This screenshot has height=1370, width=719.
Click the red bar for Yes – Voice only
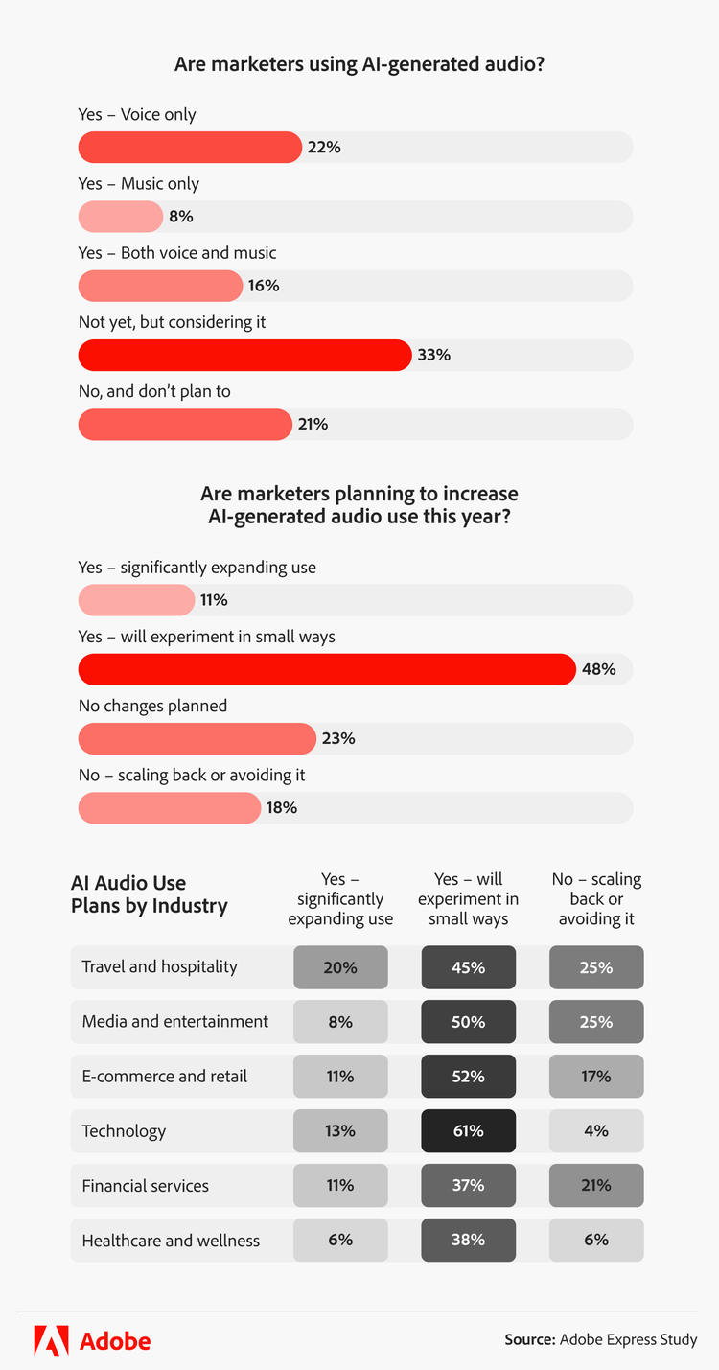(190, 148)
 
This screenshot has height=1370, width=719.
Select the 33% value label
(433, 355)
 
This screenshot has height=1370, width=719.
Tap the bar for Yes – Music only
(121, 217)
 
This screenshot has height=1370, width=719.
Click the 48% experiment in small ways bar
(327, 669)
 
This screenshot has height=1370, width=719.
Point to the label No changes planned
(152, 706)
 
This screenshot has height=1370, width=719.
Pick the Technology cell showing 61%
(469, 1131)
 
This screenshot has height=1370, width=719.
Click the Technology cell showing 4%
(596, 1131)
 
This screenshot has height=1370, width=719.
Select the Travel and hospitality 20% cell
(340, 967)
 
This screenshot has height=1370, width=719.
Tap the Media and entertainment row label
(175, 1022)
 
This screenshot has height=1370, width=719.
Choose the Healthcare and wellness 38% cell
(469, 1241)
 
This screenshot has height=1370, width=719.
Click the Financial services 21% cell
(596, 1186)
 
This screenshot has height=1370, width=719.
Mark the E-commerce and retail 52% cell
(469, 1077)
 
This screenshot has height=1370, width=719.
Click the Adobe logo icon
(51, 1339)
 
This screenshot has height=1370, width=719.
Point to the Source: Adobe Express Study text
(601, 1339)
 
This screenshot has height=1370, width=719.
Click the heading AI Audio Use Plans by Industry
(150, 894)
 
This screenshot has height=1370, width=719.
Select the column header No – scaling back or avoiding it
(596, 899)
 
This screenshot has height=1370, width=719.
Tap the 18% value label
(282, 808)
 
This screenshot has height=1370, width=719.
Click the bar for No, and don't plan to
(185, 425)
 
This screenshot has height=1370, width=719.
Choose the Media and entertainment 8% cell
(340, 1022)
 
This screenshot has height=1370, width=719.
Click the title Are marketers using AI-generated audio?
(359, 65)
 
